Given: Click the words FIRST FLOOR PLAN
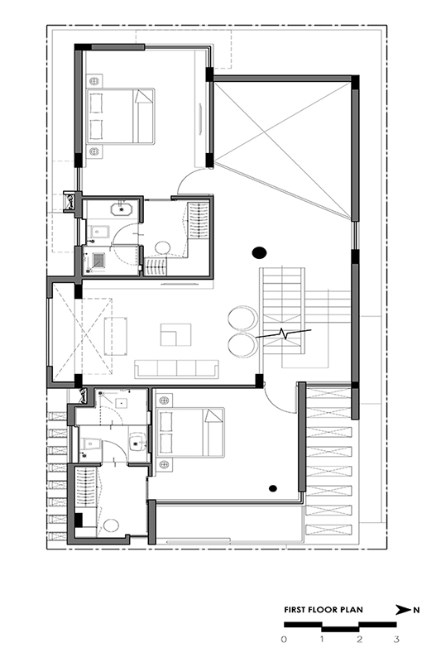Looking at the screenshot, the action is (x=324, y=609).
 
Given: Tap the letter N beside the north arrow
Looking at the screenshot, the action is (x=416, y=610).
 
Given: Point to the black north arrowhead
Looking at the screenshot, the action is (x=403, y=610).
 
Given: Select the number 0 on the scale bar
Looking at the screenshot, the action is (x=284, y=639).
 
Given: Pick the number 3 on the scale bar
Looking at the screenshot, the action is (x=396, y=639).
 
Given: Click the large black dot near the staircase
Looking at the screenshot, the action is (x=259, y=253).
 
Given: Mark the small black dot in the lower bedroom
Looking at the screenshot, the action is (x=273, y=488).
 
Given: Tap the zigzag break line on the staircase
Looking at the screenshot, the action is (x=283, y=333).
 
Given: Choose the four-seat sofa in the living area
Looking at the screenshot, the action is (x=176, y=369).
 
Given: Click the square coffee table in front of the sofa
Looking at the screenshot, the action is (x=175, y=335).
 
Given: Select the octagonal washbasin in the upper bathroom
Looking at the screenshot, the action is (x=122, y=209).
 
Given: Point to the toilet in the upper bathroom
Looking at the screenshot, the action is (x=99, y=232).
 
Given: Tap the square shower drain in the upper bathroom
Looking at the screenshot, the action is (x=98, y=260).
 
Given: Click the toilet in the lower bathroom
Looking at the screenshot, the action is (x=91, y=444).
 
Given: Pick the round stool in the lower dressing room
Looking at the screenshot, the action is (x=112, y=525).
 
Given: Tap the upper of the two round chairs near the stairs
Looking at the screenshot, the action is (x=242, y=318).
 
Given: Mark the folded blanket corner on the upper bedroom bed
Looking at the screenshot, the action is (x=142, y=98).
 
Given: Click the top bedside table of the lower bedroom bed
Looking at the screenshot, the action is (x=163, y=400).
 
